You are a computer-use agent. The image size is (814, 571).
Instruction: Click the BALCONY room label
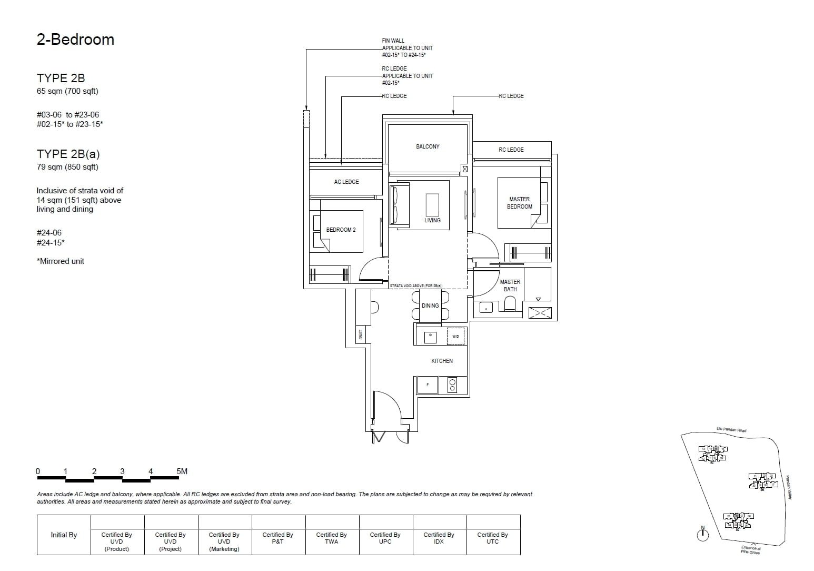pos(427,146)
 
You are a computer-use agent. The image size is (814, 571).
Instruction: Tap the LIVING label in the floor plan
pos(432,220)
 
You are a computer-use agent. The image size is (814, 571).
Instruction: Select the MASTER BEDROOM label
pos(519,203)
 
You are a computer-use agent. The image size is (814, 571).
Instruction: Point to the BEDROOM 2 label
pos(341,230)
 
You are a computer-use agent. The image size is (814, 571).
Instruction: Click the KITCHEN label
pos(442,361)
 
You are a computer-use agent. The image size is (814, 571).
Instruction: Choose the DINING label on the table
pos(430,306)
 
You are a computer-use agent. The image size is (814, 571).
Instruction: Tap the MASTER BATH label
pos(510,285)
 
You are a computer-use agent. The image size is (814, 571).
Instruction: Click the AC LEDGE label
pos(346,182)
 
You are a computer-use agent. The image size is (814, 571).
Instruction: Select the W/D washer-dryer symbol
pos(455,336)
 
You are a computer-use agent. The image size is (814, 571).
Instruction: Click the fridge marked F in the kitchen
pos(428,385)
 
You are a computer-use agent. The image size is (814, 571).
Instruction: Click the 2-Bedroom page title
pos(75,40)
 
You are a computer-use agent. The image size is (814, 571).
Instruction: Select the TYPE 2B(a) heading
pos(68,154)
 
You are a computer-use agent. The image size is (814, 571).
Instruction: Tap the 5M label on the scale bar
pos(182,471)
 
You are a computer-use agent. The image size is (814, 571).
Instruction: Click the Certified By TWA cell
pos(332,538)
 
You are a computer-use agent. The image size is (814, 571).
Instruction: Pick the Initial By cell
pos(64,535)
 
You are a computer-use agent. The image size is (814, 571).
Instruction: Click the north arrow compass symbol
pos(702,534)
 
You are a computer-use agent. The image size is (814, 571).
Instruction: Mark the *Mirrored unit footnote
pos(61,261)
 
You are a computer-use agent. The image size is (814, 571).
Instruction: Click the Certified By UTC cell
pos(492,538)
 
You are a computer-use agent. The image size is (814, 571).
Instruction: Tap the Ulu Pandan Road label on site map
pos(731,430)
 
